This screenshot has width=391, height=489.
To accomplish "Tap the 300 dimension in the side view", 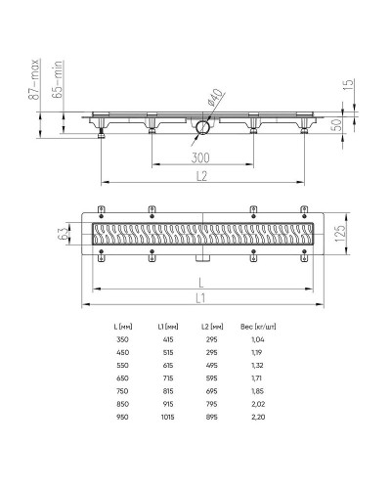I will [200, 156].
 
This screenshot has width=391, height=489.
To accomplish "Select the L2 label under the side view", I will [201, 176].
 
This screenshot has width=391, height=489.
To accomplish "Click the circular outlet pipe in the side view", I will [202, 128].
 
